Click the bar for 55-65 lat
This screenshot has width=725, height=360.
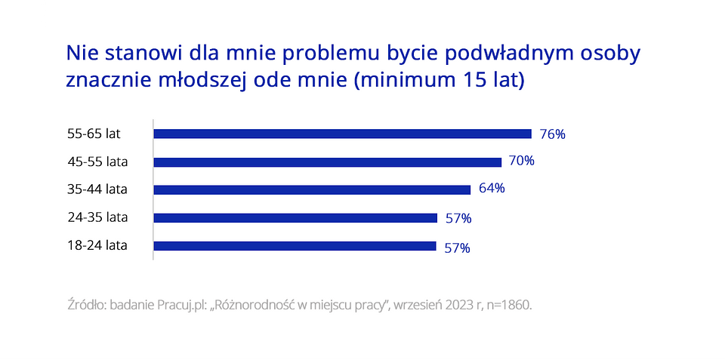342,134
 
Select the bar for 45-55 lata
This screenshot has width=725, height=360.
327,162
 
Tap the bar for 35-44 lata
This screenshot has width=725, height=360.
312,189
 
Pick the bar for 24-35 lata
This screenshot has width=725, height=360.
295,217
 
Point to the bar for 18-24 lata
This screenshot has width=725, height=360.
295,245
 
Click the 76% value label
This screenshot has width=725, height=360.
553,134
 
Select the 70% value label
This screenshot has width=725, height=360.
522,161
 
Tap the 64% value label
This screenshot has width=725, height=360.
492,188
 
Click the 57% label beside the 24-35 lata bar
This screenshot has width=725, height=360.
458,218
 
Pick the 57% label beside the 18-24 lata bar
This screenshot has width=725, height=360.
457,248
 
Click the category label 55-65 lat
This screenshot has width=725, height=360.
94,134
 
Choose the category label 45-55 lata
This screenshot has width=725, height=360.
97,162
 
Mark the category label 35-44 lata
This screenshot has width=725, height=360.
97,189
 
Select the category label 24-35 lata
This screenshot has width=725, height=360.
97,217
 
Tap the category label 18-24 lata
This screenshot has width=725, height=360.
97,245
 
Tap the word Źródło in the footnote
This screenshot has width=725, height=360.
86,305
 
